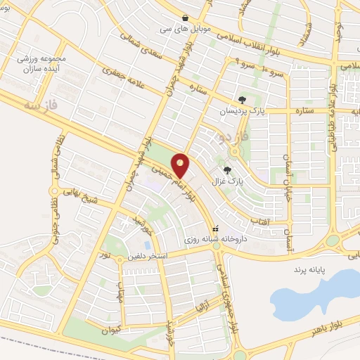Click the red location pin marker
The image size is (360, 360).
click(x=181, y=166)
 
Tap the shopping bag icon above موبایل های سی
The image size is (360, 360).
click(x=185, y=18)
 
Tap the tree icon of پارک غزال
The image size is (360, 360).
click(x=226, y=169)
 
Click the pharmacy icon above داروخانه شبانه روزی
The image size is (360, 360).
click(x=217, y=228)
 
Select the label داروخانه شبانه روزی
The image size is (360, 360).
click(x=217, y=240)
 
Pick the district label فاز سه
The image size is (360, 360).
click(x=39, y=105)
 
